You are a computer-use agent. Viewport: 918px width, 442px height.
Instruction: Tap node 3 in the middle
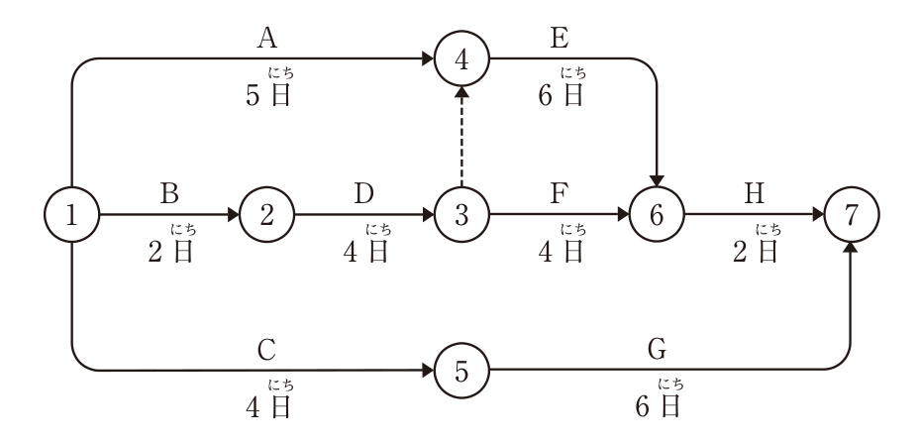tap(461, 215)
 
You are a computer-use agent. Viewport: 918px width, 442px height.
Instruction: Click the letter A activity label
tap(267, 39)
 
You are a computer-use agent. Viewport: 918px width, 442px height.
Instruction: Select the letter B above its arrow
tap(169, 194)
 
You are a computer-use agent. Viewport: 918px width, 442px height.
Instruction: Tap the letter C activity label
tap(267, 351)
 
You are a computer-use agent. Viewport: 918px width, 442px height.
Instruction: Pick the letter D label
tap(364, 194)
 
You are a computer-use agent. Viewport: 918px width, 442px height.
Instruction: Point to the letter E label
tap(560, 39)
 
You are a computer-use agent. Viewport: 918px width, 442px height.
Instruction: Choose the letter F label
tap(560, 194)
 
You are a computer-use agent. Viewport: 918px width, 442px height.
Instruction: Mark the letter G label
tap(657, 351)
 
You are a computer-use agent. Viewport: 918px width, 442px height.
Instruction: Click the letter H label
tap(754, 194)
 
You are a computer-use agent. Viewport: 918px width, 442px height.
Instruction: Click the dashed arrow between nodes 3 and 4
tap(461, 137)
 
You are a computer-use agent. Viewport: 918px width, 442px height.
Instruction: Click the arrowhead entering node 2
tap(233, 215)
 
